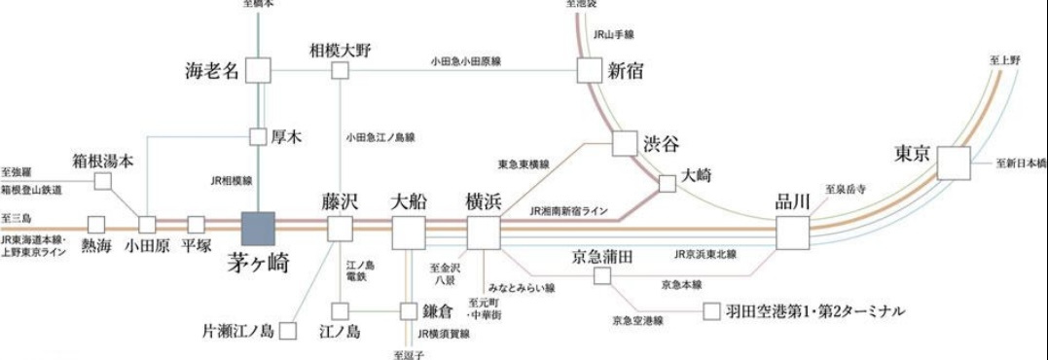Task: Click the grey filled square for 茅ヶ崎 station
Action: tap(259, 229)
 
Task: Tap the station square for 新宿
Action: tap(591, 70)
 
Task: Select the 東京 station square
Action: tap(954, 162)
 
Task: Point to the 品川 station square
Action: tap(793, 234)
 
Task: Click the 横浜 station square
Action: tap(484, 234)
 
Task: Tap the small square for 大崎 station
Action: tap(668, 183)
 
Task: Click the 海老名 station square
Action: tap(258, 70)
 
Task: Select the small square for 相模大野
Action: tap(340, 70)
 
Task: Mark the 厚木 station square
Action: tap(258, 137)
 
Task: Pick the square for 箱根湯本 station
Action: tap(102, 181)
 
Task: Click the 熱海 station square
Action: tap(96, 225)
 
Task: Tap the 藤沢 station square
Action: tap(340, 230)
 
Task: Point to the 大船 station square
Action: tap(409, 234)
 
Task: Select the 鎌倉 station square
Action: tap(409, 311)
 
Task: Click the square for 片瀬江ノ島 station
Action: tap(287, 331)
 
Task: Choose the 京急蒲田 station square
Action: tap(602, 276)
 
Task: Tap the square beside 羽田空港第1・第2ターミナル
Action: tap(711, 311)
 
